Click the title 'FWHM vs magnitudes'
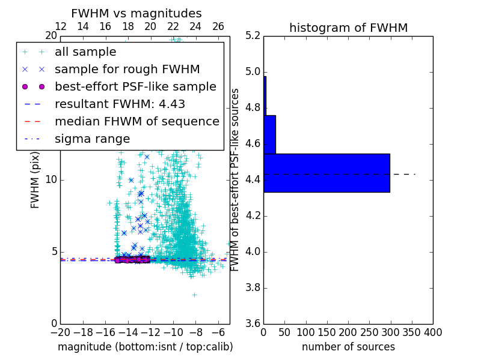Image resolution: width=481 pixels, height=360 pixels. point(136,13)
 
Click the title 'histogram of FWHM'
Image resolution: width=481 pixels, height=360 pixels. point(348,28)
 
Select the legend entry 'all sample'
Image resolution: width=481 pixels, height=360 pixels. point(85,52)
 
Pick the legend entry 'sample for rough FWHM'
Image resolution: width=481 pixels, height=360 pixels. point(127,69)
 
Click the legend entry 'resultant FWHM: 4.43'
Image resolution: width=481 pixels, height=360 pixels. point(120,104)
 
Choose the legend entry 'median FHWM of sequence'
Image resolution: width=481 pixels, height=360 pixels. point(136,121)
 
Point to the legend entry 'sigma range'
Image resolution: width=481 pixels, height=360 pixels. point(92,139)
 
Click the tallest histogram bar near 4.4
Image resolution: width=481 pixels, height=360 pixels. point(326,173)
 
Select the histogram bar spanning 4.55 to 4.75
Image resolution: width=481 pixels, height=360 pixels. point(269,134)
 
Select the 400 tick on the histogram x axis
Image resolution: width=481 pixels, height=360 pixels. point(433,332)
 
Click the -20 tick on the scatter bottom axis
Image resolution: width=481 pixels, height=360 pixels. point(60,332)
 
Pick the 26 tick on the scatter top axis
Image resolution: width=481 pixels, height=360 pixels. point(218,26)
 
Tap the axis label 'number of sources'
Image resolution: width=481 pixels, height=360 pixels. point(348,347)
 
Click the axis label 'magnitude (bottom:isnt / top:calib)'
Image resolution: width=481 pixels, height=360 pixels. point(145,347)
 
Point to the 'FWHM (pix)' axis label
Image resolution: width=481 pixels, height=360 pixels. point(35,179)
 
